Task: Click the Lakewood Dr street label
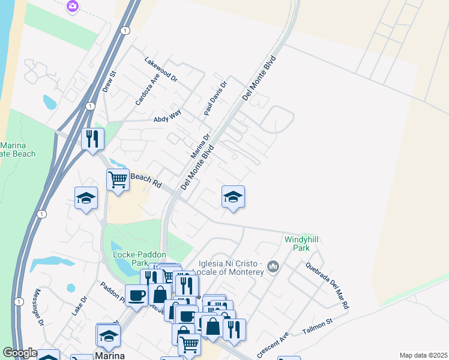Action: (x=161, y=69)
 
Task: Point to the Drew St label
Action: (x=109, y=82)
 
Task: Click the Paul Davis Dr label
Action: (x=215, y=98)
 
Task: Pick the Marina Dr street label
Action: (x=200, y=146)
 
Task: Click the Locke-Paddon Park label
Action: (x=130, y=259)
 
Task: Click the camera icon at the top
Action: (x=73, y=5)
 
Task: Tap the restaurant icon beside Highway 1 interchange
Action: (x=92, y=139)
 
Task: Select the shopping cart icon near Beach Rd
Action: (x=118, y=179)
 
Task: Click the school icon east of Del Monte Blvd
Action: (x=233, y=196)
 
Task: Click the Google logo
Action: (x=20, y=353)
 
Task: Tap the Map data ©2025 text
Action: (x=423, y=355)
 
